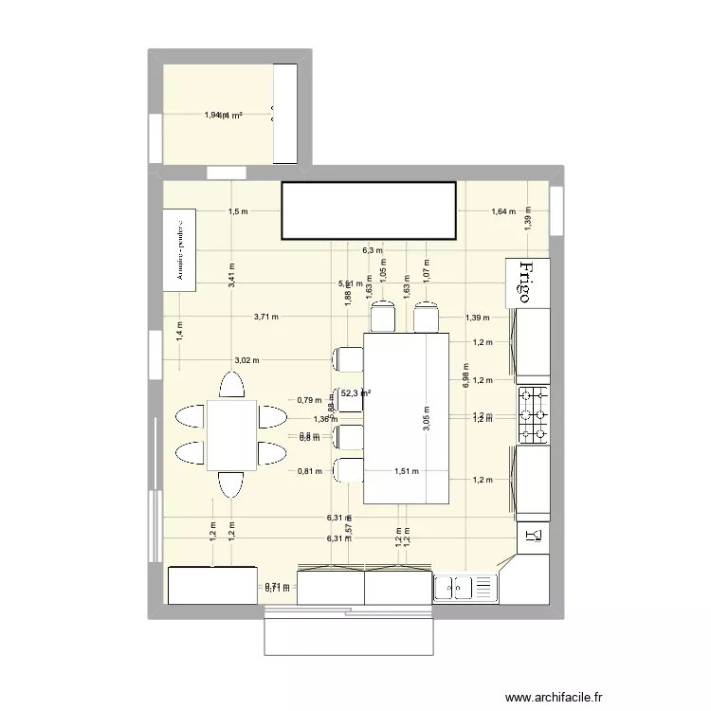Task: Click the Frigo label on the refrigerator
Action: point(532,282)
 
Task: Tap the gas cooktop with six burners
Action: point(534,414)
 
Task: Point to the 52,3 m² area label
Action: point(355,393)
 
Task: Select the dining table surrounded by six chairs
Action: point(231,434)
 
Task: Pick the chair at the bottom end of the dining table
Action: point(231,484)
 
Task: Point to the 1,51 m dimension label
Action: point(408,470)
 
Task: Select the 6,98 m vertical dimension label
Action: point(465,375)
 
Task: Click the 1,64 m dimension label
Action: point(502,211)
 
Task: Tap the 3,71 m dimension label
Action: point(266,317)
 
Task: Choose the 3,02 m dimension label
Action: point(247,360)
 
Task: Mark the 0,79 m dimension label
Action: point(309,400)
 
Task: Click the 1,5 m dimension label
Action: point(238,211)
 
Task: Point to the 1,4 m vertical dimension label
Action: point(179,330)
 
